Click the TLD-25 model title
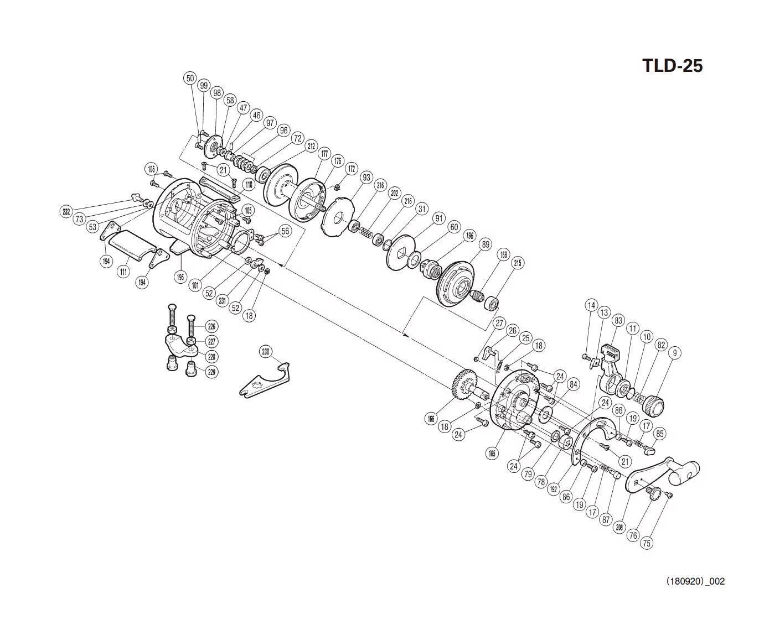pos(672,66)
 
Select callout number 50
pos(190,79)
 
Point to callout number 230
pos(266,352)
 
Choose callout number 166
pos(431,419)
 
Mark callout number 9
pos(674,353)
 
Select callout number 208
pos(619,527)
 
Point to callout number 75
pos(646,544)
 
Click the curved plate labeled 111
pos(130,244)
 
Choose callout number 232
pos(66,211)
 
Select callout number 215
pos(517,263)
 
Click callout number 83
pos(618,321)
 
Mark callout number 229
pos(211,372)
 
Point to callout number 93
pos(366,178)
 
